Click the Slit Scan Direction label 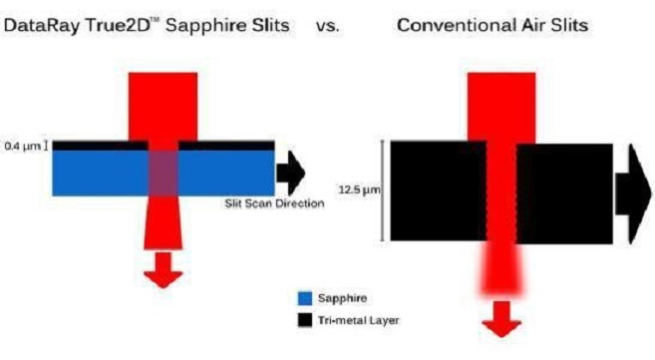click(274, 204)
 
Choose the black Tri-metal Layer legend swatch click(305, 321)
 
